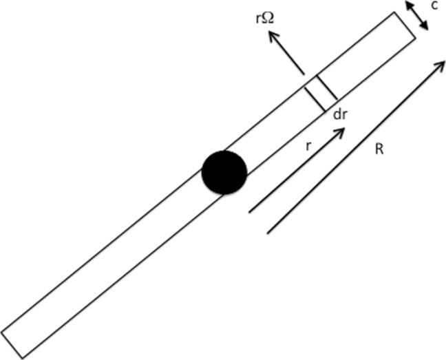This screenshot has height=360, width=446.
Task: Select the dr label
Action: (339, 115)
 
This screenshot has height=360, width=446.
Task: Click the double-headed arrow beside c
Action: (416, 16)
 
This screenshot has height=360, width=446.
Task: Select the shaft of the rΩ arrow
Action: (287, 54)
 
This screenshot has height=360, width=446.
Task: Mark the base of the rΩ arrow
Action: (303, 74)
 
